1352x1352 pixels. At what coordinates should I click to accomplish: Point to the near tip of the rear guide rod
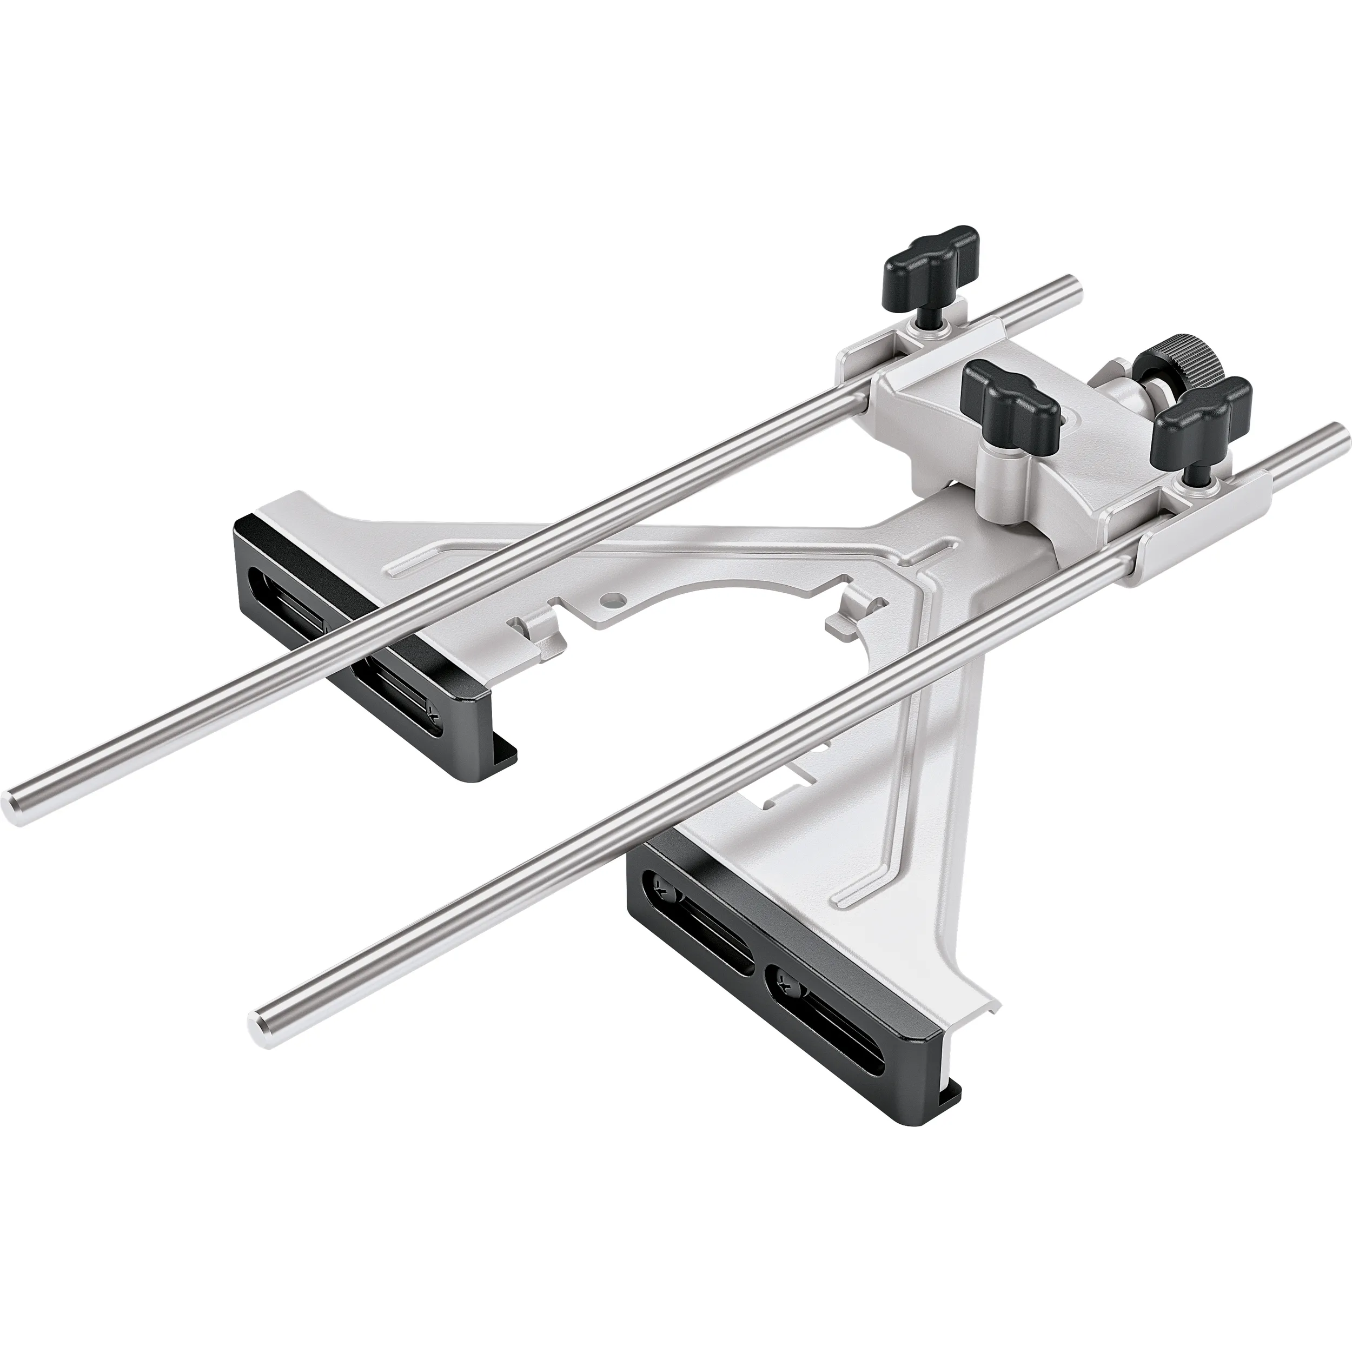(15, 809)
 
